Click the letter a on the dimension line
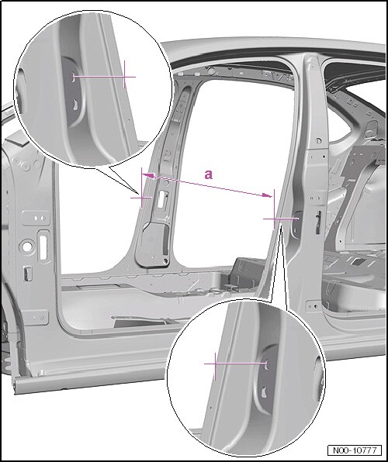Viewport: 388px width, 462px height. [x=208, y=174]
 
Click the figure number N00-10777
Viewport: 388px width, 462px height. [x=355, y=450]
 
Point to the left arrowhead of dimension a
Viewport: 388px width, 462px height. [x=147, y=176]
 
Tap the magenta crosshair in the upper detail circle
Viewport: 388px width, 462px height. [x=125, y=77]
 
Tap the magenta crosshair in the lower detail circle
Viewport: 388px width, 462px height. [x=215, y=364]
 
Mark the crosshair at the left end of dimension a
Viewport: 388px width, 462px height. [x=142, y=198]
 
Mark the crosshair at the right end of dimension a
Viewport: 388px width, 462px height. [x=275, y=219]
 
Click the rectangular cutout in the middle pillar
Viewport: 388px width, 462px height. [x=161, y=200]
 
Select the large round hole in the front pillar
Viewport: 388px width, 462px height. [x=27, y=247]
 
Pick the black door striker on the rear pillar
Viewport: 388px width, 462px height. [x=318, y=222]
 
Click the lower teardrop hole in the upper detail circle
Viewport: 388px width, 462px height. [x=75, y=105]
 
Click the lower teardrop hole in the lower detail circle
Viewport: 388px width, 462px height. [x=264, y=392]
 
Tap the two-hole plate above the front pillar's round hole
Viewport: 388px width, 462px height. [x=36, y=218]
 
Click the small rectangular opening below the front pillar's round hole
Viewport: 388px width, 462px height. [x=27, y=274]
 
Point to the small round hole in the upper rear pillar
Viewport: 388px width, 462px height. [x=318, y=141]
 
